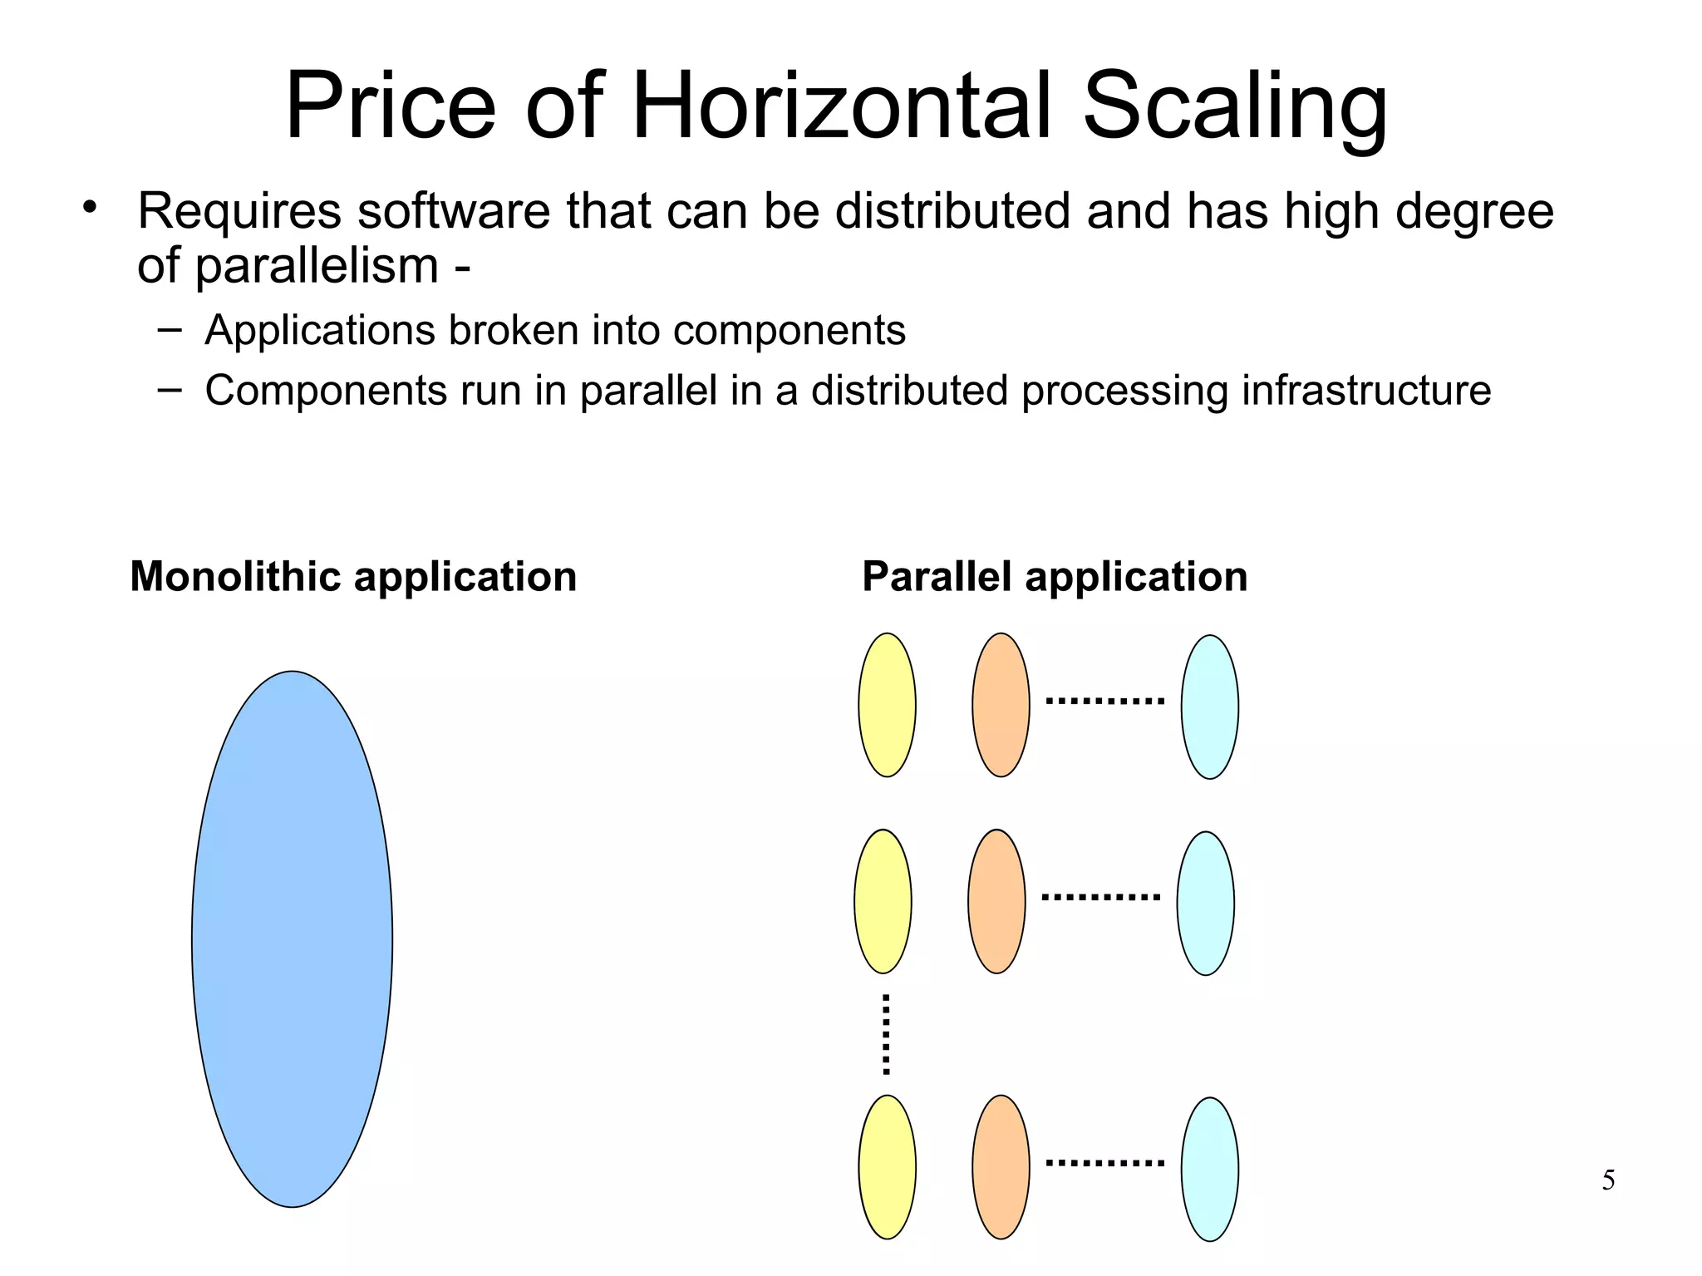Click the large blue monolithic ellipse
tap(292, 939)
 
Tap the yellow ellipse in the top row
tap(887, 705)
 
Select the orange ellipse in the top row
tap(1001, 705)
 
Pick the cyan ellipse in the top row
tap(1209, 707)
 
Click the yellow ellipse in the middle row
tap(883, 901)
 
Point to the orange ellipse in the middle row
tap(996, 901)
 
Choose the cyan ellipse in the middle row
tap(1205, 903)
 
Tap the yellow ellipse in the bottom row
tap(887, 1166)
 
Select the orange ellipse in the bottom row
tap(1001, 1166)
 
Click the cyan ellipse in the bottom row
tap(1209, 1169)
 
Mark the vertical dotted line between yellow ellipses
tap(886, 1033)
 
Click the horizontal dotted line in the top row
tap(1104, 701)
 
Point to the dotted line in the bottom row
tap(1104, 1162)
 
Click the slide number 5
tap(1608, 1180)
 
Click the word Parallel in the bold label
tap(937, 576)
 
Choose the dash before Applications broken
tap(169, 329)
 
